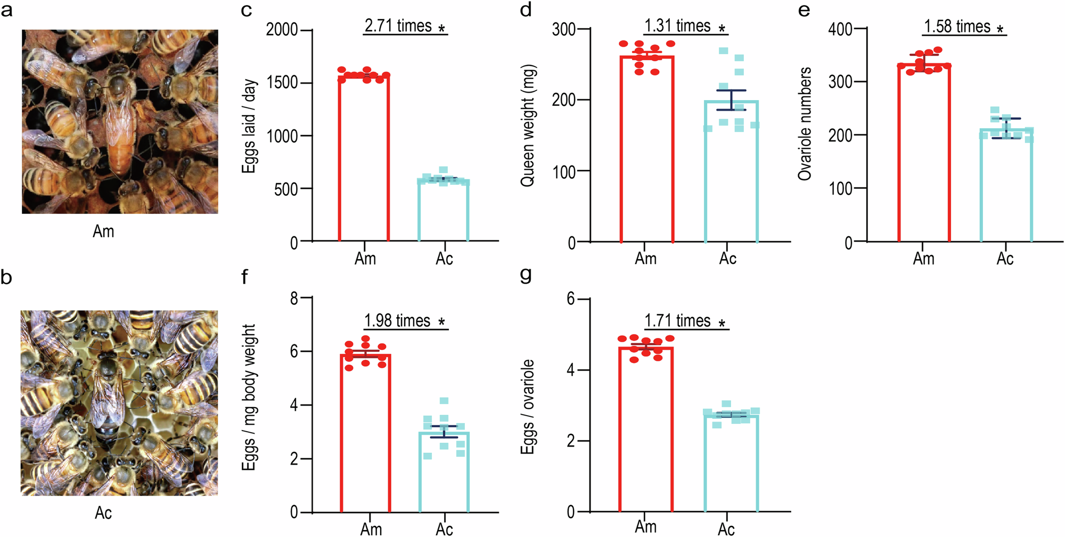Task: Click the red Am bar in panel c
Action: [x=364, y=160]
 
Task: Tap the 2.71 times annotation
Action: [x=398, y=26]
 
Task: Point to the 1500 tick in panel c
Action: [x=282, y=82]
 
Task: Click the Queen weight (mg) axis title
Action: [x=528, y=126]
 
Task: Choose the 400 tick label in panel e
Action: [x=840, y=29]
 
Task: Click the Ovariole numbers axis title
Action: [x=805, y=123]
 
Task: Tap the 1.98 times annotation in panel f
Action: [x=397, y=321]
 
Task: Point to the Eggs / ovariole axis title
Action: [x=527, y=407]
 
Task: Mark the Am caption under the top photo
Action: [x=103, y=232]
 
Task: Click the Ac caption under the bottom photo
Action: [x=103, y=513]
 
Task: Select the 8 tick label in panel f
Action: [x=294, y=299]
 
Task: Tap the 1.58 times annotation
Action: [x=957, y=27]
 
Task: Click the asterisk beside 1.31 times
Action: [x=722, y=29]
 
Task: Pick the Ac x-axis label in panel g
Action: [x=726, y=530]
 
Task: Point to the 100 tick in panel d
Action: [x=564, y=172]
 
